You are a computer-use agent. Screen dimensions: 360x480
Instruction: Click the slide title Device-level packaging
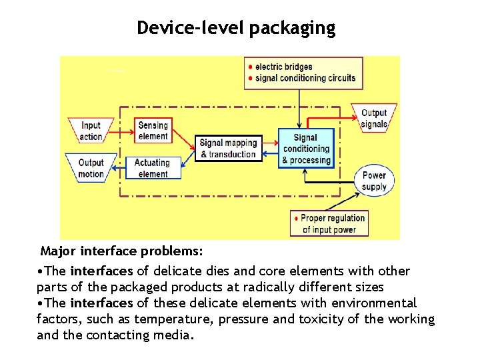pyautogui.click(x=236, y=28)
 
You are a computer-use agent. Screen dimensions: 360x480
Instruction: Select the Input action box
pyautogui.click(x=91, y=131)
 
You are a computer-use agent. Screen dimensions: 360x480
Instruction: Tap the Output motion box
pyautogui.click(x=91, y=168)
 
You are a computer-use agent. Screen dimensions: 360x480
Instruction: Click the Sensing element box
pyautogui.click(x=153, y=131)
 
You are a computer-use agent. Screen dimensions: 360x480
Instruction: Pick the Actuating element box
pyautogui.click(x=153, y=168)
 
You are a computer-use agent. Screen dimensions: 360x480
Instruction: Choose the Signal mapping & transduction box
pyautogui.click(x=228, y=149)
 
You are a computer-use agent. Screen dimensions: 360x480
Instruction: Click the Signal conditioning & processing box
pyautogui.click(x=305, y=149)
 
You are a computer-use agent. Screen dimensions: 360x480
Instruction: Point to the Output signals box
pyautogui.click(x=374, y=118)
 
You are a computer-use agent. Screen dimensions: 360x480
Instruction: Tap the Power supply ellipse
pyautogui.click(x=375, y=181)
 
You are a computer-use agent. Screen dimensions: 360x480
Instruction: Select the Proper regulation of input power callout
pyautogui.click(x=329, y=223)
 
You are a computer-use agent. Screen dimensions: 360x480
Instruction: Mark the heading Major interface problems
pyautogui.click(x=121, y=251)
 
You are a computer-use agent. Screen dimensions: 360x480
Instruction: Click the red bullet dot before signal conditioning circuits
pyautogui.click(x=250, y=78)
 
